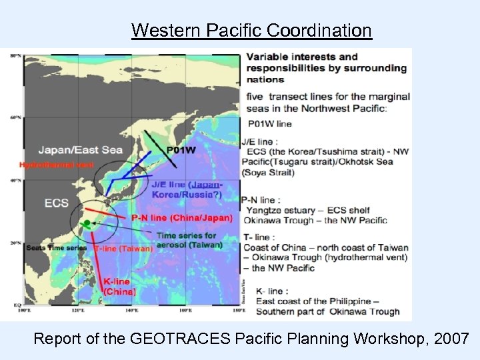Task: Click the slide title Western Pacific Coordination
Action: [x=251, y=31]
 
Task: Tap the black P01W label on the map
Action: [x=181, y=150]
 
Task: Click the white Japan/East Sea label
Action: [x=80, y=149]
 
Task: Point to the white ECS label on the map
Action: [x=56, y=203]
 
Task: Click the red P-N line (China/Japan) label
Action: [x=181, y=217]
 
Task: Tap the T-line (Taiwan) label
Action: [x=124, y=248]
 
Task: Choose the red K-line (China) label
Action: [x=120, y=287]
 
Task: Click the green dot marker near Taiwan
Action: [x=86, y=223]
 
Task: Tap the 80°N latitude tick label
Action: [x=15, y=55]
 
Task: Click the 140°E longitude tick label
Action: [x=132, y=310]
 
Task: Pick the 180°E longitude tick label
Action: [x=239, y=310]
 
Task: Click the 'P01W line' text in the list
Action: [x=269, y=123]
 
